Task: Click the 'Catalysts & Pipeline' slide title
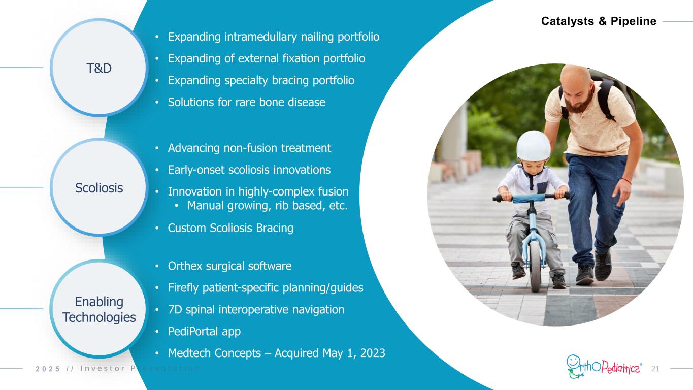[599, 21]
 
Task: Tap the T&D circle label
[99, 68]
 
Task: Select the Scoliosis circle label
[99, 188]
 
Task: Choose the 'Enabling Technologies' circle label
[99, 309]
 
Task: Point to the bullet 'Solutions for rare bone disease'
[247, 102]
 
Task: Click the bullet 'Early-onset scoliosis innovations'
[249, 170]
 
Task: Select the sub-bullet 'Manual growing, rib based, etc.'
[267, 206]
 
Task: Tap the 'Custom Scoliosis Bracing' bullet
[230, 228]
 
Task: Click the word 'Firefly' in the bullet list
[183, 288]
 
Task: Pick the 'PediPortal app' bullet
[204, 332]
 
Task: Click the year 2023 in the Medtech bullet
[373, 353]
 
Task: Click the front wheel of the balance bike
[535, 266]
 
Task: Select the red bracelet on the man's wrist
[626, 181]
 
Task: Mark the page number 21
[655, 369]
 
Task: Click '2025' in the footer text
[48, 369]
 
